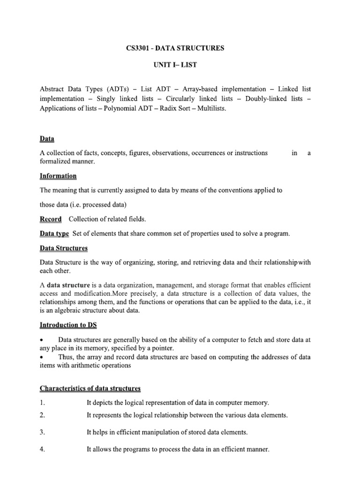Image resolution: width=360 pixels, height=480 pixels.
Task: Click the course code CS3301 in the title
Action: coord(138,48)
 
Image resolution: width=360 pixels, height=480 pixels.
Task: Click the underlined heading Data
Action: coord(47,139)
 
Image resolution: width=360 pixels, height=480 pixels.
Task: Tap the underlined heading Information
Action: coord(58,176)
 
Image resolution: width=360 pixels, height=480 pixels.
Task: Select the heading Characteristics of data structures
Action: coord(90,388)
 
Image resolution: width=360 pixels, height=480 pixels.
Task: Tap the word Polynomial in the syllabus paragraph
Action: coord(122,109)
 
